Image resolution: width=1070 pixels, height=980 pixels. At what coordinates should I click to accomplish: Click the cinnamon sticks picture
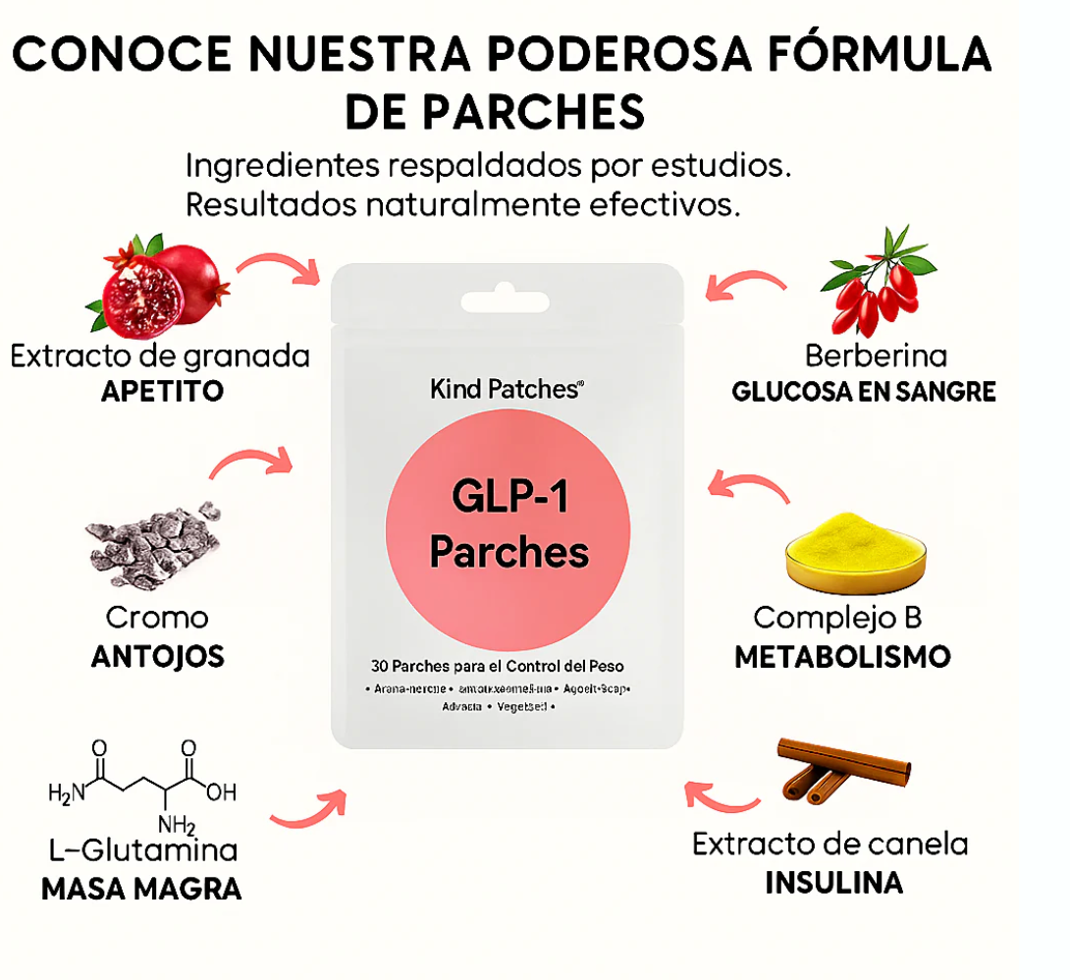pyautogui.click(x=842, y=770)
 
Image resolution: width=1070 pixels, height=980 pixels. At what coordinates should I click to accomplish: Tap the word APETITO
pyautogui.click(x=163, y=391)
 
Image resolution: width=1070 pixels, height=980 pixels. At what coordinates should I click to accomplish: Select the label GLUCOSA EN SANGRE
pyautogui.click(x=864, y=392)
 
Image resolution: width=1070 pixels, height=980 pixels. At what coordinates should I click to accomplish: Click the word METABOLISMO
pyautogui.click(x=842, y=656)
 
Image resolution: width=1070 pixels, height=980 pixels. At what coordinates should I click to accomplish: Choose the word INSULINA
pyautogui.click(x=833, y=882)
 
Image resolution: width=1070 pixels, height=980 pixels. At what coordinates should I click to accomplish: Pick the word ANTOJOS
pyautogui.click(x=158, y=656)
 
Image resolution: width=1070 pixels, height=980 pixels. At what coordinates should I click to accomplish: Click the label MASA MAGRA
pyautogui.click(x=141, y=889)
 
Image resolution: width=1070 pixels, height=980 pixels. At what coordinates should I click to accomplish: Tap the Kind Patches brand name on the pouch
pyautogui.click(x=507, y=389)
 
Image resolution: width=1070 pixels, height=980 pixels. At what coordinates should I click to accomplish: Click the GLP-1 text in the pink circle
pyautogui.click(x=509, y=497)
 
